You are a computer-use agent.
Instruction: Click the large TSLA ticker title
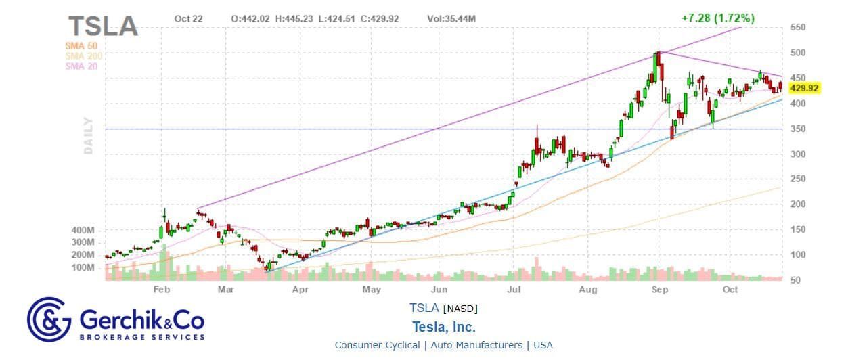[x=103, y=26]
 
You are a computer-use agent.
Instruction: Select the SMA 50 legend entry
[x=82, y=45]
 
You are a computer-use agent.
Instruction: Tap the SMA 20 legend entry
[x=82, y=66]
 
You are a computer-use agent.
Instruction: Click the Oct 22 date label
[x=188, y=19]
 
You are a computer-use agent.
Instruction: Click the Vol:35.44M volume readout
[x=451, y=19]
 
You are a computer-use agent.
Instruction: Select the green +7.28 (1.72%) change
[x=718, y=18]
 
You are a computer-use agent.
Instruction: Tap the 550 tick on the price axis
[x=797, y=28]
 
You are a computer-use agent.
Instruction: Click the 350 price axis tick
[x=797, y=129]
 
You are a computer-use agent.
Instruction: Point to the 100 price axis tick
[x=797, y=255]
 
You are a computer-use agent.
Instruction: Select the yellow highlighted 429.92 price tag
[x=804, y=88]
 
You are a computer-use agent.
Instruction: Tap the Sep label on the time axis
[x=660, y=290]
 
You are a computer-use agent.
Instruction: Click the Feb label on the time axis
[x=161, y=290]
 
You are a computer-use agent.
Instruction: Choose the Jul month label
[x=514, y=290]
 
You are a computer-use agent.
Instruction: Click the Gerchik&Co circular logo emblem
[x=49, y=319]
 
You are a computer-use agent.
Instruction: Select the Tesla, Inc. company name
[x=443, y=327]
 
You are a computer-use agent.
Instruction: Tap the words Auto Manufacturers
[x=475, y=345]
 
